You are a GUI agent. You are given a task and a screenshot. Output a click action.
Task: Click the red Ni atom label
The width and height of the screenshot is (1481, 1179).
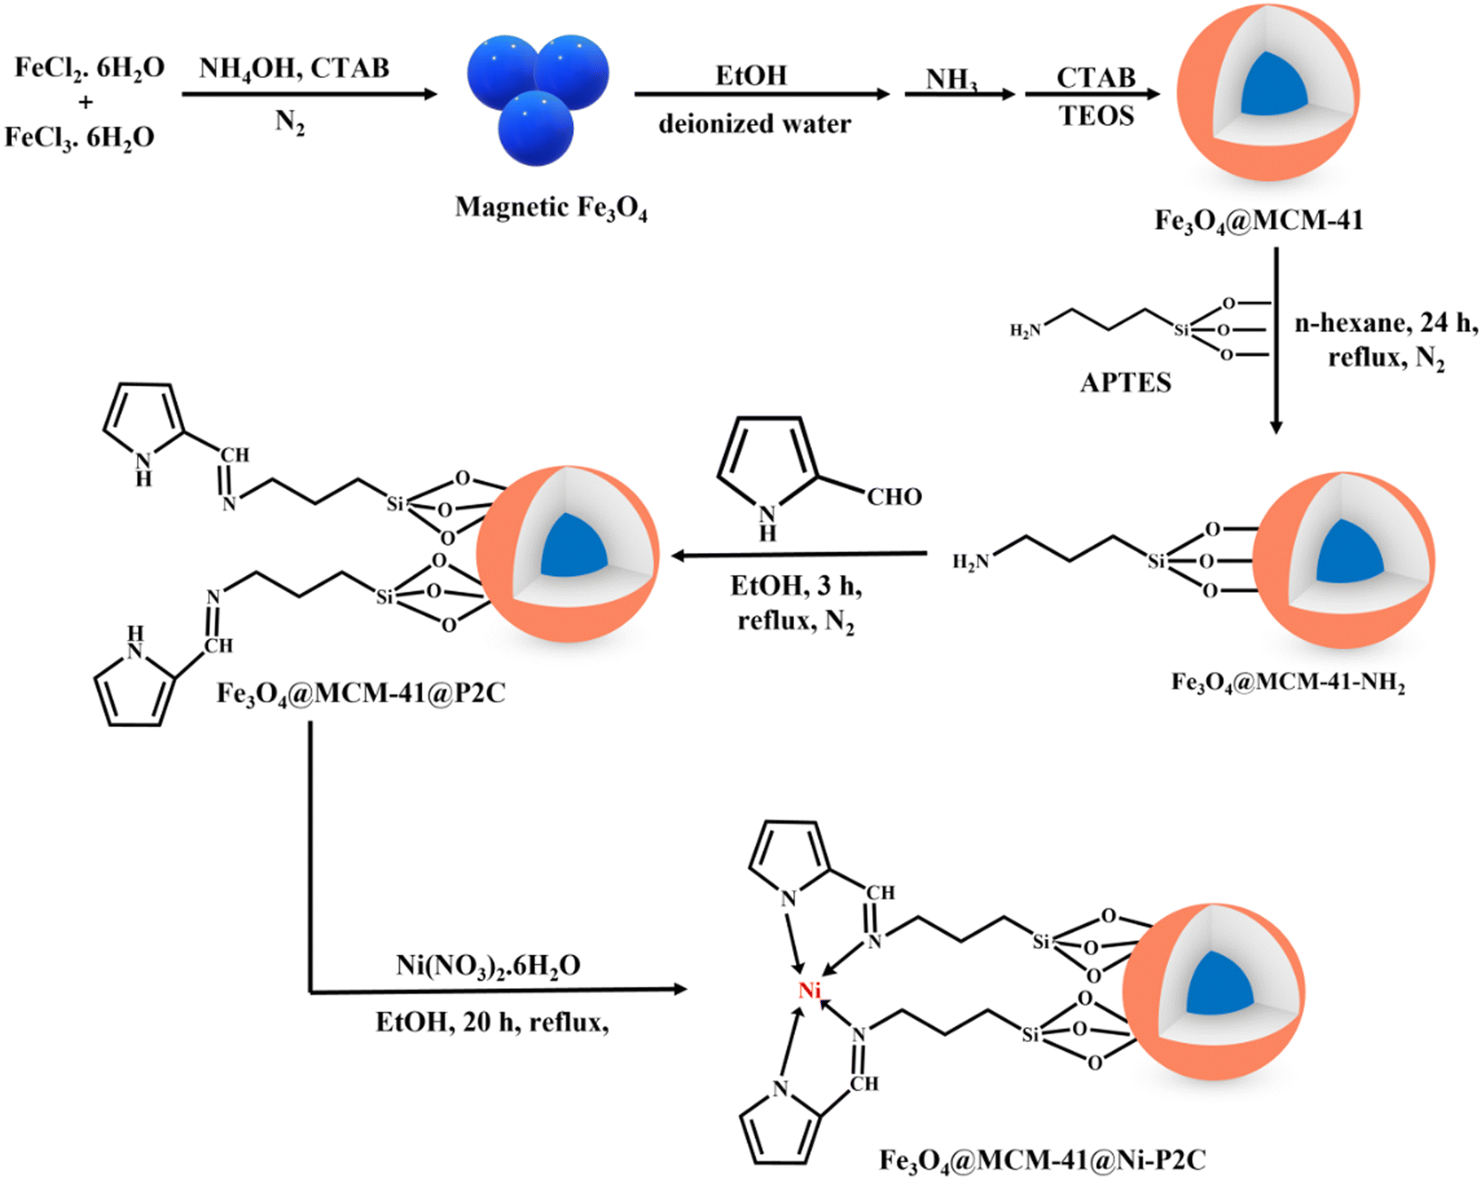810,991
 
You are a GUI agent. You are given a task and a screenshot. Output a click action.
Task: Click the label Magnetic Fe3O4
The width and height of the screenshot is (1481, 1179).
551,207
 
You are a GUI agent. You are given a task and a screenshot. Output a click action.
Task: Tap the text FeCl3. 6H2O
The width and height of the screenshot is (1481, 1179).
80,138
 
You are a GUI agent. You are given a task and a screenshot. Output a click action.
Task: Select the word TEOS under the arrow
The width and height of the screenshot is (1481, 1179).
1096,117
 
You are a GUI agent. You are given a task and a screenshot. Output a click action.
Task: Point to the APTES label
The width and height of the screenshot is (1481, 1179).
1126,383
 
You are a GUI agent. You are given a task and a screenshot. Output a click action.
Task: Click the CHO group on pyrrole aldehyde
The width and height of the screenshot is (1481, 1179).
893,497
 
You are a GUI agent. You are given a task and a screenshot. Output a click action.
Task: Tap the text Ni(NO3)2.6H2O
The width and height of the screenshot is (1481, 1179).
488,966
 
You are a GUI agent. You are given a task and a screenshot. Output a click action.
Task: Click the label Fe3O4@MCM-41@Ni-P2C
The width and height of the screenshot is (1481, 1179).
1042,1160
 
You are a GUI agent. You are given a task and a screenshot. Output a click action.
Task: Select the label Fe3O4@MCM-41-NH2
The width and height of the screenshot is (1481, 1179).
1288,683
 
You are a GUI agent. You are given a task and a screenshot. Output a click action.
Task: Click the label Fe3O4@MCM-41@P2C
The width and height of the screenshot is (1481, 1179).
361,693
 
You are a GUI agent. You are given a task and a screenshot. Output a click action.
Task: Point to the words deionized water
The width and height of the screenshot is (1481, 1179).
754,124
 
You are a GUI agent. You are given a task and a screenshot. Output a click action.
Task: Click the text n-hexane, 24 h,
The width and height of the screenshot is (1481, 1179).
1386,323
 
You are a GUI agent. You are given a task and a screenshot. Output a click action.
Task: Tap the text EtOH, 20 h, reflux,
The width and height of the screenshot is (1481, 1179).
492,1022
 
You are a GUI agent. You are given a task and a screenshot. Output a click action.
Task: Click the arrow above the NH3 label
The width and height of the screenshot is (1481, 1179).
959,94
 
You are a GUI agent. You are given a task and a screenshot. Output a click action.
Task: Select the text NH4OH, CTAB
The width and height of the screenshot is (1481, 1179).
294,69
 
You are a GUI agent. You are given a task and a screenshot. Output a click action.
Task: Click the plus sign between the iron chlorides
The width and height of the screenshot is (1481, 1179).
86,103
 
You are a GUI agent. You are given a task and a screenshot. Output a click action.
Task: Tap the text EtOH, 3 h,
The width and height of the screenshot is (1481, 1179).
796,586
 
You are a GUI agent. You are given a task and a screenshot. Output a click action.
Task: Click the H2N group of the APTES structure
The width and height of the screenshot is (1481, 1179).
1026,331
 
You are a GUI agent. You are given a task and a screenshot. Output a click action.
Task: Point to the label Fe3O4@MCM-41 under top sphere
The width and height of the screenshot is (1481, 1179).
1258,220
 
